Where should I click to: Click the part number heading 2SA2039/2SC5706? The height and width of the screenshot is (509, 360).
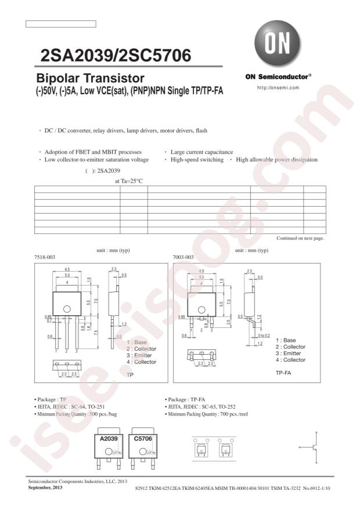click(x=116, y=56)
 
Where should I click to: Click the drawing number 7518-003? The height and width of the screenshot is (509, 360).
click(x=45, y=256)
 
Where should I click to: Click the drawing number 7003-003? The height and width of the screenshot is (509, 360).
click(x=183, y=256)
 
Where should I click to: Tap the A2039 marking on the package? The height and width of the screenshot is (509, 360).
click(x=108, y=441)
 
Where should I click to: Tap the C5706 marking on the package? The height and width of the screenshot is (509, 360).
click(x=143, y=441)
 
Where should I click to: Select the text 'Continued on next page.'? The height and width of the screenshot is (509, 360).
click(x=300, y=239)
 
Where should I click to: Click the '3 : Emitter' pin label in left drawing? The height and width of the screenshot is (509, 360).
click(x=141, y=355)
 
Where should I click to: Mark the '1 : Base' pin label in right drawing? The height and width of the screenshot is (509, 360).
click(x=286, y=340)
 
